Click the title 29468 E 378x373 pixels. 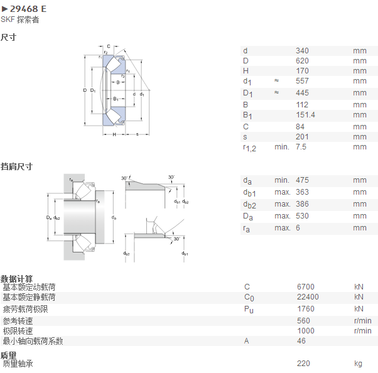pyautogui.click(x=28, y=9)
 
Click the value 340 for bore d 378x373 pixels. pyautogui.click(x=302, y=51)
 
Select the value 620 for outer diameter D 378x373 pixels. pyautogui.click(x=302, y=61)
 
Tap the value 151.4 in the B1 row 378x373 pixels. pyautogui.click(x=305, y=115)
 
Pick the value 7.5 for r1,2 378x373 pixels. pyautogui.click(x=301, y=147)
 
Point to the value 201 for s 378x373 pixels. pyautogui.click(x=302, y=137)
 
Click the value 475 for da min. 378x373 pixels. pyautogui.click(x=302, y=180)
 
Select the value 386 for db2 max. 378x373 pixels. pyautogui.click(x=302, y=204)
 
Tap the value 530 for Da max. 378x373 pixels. pyautogui.click(x=302, y=216)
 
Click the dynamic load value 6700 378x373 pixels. pyautogui.click(x=306, y=287)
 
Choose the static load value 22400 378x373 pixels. pyautogui.click(x=308, y=297)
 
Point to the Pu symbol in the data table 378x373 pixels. pyautogui.click(x=249, y=310)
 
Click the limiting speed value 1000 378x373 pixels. pyautogui.click(x=306, y=331)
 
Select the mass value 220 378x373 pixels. pyautogui.click(x=303, y=364)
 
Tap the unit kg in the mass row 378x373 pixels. pyautogui.click(x=359, y=364)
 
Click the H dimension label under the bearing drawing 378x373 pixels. pyautogui.click(x=114, y=134)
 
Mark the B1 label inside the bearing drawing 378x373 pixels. pyautogui.click(x=116, y=99)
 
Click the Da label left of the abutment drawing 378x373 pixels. pyautogui.click(x=49, y=218)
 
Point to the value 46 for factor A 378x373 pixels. pyautogui.click(x=301, y=341)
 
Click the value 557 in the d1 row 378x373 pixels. pyautogui.click(x=302, y=81)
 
